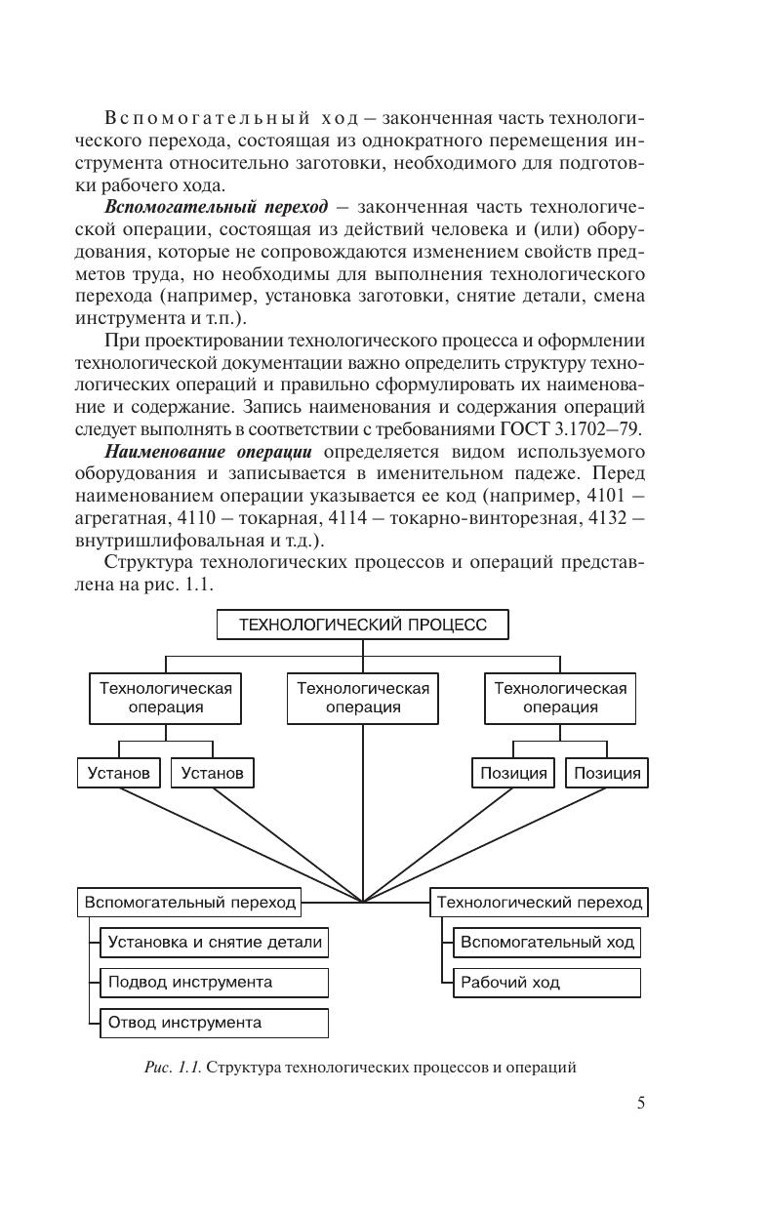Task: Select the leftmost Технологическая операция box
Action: (165, 697)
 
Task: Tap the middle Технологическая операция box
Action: (363, 697)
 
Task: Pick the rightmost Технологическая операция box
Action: (560, 697)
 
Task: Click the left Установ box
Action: (118, 773)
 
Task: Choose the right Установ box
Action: (213, 773)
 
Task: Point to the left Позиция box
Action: (513, 773)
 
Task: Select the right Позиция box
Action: (607, 773)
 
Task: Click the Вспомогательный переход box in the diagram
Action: (189, 902)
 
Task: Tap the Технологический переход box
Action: (539, 902)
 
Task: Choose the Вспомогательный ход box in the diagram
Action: (547, 943)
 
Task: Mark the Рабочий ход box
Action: (547, 982)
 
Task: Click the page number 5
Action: (640, 1104)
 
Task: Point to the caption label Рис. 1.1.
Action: (173, 1068)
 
